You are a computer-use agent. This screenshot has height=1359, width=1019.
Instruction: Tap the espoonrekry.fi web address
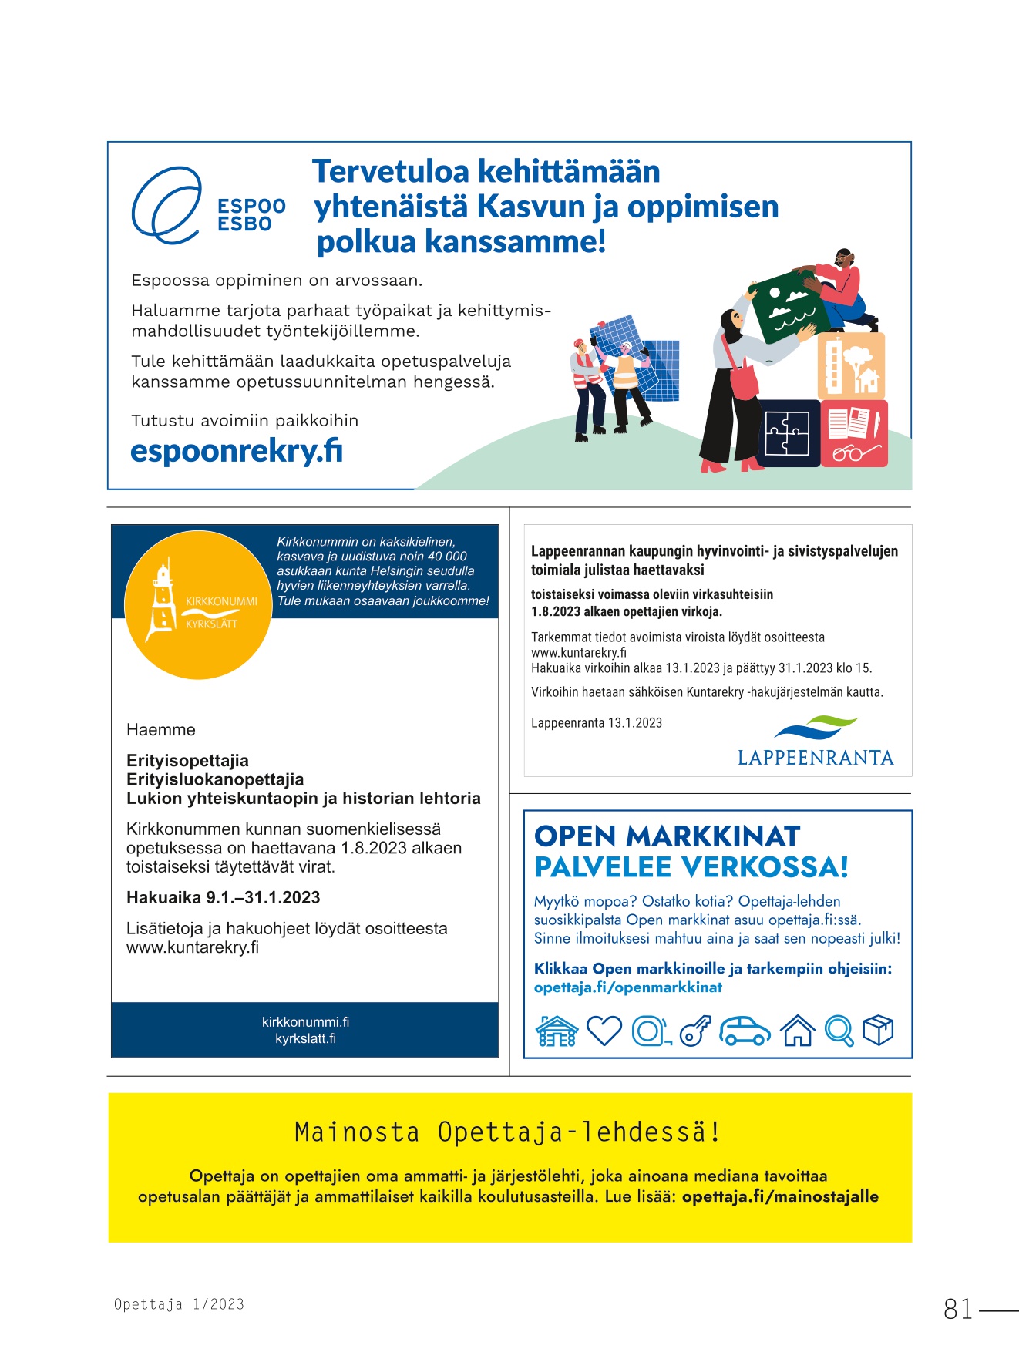coord(237,451)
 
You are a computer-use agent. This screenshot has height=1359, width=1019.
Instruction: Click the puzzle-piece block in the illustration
coord(787,432)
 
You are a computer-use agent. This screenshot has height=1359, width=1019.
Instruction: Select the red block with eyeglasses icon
coord(854,433)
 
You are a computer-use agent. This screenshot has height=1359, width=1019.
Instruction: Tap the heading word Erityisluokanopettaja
coord(215,779)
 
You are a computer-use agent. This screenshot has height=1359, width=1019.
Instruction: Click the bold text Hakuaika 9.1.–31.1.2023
coord(223,897)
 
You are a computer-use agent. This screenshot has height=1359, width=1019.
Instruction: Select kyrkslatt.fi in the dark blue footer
coord(305,1038)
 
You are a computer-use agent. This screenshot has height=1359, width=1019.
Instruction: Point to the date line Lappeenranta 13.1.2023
coord(597,723)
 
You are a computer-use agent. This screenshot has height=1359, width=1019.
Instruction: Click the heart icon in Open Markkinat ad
coord(604,1030)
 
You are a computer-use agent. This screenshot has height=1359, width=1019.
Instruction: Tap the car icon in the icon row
coord(744,1031)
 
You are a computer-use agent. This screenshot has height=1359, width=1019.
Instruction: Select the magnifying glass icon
coord(839,1031)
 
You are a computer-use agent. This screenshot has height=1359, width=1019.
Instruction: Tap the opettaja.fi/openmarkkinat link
coord(628,987)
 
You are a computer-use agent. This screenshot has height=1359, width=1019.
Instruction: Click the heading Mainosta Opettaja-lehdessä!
coord(509,1132)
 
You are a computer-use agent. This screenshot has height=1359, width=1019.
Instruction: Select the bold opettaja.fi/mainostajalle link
coord(780,1196)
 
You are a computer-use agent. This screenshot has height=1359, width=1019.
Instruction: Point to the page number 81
coord(958,1309)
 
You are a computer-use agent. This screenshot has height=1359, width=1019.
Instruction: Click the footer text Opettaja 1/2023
coord(179,1304)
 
